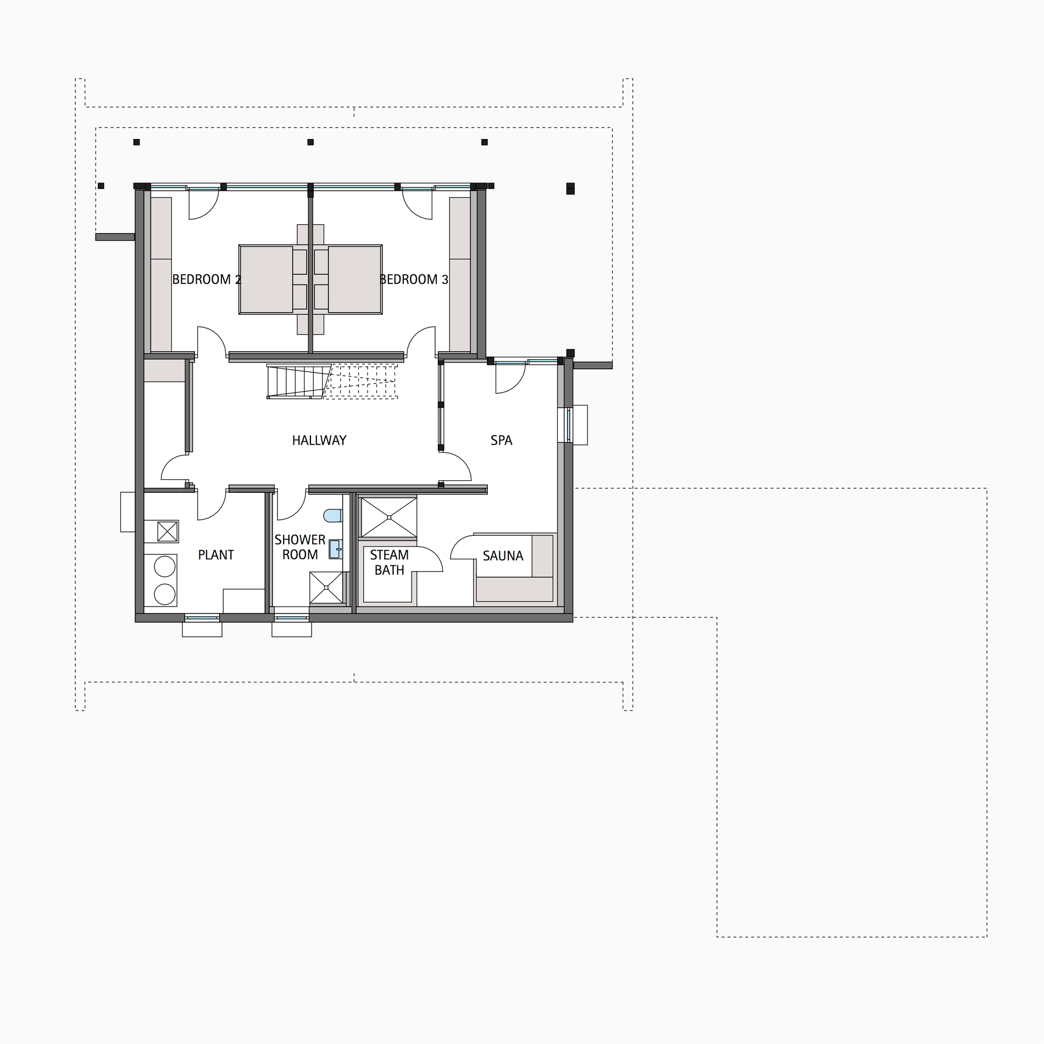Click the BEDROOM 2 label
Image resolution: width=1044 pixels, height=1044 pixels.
point(207,280)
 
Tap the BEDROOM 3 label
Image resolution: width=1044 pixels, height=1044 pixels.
point(414,280)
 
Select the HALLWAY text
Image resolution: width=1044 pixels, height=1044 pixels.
point(319,440)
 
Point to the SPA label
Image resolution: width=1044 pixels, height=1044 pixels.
point(501,440)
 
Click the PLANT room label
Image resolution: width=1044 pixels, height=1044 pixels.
point(216,555)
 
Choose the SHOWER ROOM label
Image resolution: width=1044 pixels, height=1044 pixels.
point(300,547)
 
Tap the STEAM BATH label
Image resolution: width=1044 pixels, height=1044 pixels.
point(389,563)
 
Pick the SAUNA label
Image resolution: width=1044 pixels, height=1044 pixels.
point(503,556)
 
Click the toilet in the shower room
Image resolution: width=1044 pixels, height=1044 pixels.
point(333,515)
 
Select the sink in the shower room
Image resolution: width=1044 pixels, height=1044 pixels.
point(335,549)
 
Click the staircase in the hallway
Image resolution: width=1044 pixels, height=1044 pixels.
point(331,381)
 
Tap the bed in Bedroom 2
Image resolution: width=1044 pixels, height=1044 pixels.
point(266,280)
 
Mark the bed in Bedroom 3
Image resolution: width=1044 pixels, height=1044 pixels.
point(354,280)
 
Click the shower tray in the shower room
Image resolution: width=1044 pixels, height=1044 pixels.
point(326,587)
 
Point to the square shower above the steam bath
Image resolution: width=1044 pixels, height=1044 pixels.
point(388,517)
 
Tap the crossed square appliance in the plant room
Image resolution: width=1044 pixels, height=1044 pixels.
point(168,531)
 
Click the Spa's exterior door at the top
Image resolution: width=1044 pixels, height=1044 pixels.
point(510,378)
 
